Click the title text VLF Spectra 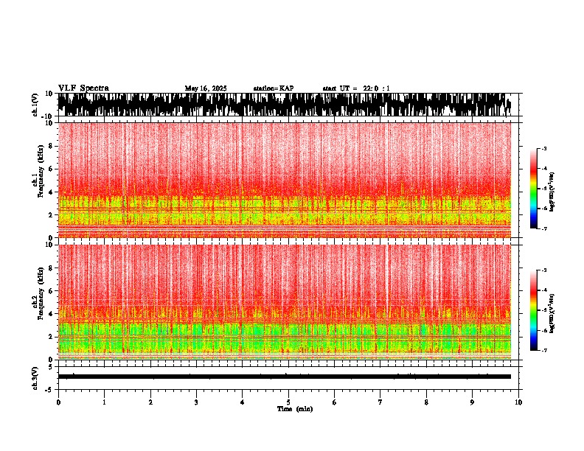tap(83, 88)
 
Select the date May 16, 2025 tap(206, 88)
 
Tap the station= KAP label tap(273, 88)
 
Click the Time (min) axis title tap(294, 409)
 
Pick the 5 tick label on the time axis tap(288, 402)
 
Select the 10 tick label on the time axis tap(518, 402)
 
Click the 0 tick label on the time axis tap(58, 402)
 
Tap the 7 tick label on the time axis tap(380, 402)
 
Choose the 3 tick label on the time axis tap(196, 402)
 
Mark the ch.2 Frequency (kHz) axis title tap(37, 301)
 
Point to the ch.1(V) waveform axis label tap(35, 105)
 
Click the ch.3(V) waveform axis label tap(35, 377)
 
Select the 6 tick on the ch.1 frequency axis tap(52, 169)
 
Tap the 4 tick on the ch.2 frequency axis tap(52, 314)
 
